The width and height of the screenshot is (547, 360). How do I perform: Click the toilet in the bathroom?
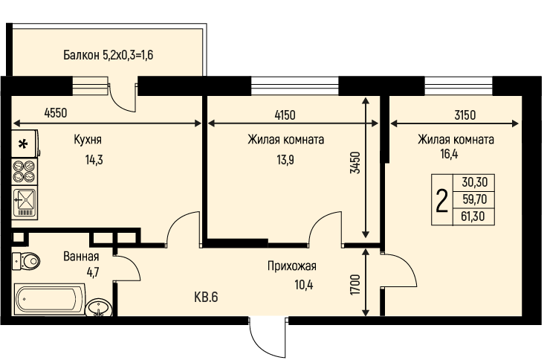pyautogui.click(x=26, y=261)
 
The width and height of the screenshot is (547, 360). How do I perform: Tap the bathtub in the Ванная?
pyautogui.click(x=50, y=299)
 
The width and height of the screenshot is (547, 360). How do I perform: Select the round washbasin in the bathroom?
pyautogui.click(x=99, y=307)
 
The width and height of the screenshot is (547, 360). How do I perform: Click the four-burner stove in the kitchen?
pyautogui.click(x=25, y=171)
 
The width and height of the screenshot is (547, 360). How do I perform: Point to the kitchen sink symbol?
pyautogui.click(x=25, y=202)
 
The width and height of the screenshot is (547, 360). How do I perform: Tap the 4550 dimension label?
pyautogui.click(x=56, y=113)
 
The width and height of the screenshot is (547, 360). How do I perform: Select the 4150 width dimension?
pyautogui.click(x=285, y=115)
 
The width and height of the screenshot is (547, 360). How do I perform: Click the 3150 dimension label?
pyautogui.click(x=465, y=115)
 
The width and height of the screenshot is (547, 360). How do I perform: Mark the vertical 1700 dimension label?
pyautogui.click(x=355, y=285)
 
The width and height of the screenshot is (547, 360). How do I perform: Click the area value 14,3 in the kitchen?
pyautogui.click(x=94, y=160)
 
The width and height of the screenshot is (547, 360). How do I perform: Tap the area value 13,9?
pyautogui.click(x=285, y=160)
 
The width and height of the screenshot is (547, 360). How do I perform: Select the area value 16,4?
pyautogui.click(x=449, y=154)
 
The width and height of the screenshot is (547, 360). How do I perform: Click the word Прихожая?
pyautogui.click(x=291, y=266)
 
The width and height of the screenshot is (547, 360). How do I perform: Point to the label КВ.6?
pyautogui.click(x=206, y=297)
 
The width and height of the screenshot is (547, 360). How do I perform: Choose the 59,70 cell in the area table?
pyautogui.click(x=474, y=199)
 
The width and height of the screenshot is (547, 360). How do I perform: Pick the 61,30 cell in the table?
pyautogui.click(x=473, y=216)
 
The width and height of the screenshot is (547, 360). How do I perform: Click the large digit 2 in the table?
pyautogui.click(x=441, y=200)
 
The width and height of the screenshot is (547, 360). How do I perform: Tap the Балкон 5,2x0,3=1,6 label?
pyautogui.click(x=109, y=55)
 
